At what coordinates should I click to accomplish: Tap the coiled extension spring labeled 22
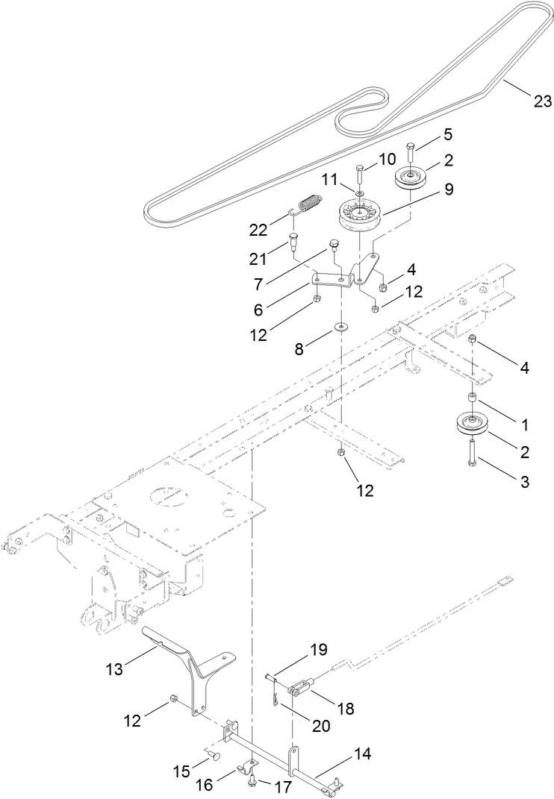[x=308, y=202]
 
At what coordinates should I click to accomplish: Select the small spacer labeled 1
[x=473, y=397]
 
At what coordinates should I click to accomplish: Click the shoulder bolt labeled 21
[x=293, y=243]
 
